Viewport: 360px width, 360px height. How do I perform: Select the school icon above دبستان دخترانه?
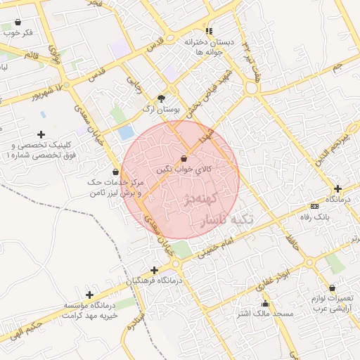click(x=209, y=31)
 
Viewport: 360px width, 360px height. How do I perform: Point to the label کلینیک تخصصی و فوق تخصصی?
click(x=39, y=150)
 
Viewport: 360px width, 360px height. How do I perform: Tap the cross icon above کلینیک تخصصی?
click(x=41, y=134)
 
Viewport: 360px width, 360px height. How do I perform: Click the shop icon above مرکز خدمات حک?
click(x=115, y=172)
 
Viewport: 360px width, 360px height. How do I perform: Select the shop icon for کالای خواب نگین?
click(x=184, y=159)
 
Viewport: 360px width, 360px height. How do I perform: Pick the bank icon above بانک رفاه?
click(x=314, y=206)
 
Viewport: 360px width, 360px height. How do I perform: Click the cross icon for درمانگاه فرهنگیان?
click(x=154, y=270)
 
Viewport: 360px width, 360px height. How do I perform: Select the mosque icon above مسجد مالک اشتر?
click(x=265, y=304)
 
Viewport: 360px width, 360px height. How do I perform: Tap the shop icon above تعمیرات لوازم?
click(x=332, y=288)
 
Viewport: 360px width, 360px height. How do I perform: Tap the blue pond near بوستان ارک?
click(x=126, y=131)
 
